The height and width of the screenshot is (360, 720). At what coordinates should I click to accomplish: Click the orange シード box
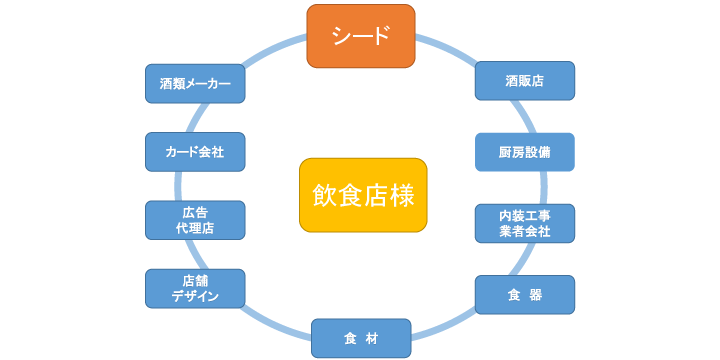[x=360, y=36]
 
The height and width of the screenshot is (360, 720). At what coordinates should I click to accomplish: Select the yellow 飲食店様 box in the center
[x=363, y=195]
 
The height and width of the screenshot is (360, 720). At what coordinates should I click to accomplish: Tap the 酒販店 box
[x=525, y=81]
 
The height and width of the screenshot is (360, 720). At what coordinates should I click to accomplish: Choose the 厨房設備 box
[x=525, y=152]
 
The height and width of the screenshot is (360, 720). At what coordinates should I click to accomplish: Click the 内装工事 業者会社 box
[x=525, y=223]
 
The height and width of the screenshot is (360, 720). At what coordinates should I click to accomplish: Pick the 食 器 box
[x=525, y=295]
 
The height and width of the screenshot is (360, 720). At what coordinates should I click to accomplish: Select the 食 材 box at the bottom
[x=361, y=338]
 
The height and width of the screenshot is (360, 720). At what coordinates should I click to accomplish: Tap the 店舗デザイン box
[x=195, y=288]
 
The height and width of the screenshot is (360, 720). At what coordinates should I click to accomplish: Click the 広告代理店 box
[x=195, y=220]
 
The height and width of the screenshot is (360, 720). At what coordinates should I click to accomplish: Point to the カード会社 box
[x=195, y=152]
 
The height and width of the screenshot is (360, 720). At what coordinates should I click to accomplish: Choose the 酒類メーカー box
[x=195, y=84]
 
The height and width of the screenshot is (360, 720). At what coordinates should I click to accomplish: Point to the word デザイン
[x=195, y=297]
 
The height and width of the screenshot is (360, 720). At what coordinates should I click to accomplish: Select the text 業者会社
[x=525, y=232]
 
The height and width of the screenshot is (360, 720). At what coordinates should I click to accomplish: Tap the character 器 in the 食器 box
[x=536, y=295]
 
